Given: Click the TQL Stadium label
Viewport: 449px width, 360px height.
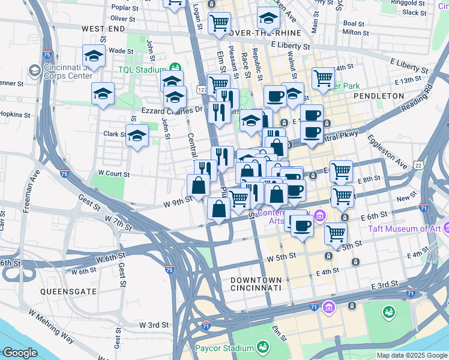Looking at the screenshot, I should pos(142,70).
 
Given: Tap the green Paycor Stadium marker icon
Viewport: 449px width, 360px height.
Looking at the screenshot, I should pos(262,347).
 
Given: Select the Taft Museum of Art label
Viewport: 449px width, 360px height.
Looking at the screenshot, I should pos(406,228).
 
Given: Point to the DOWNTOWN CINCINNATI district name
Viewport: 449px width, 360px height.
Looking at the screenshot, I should pos(256,284).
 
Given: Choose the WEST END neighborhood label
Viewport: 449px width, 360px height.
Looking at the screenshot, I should pos(103,29).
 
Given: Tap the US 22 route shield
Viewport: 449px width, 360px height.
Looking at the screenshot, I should pos(433,164).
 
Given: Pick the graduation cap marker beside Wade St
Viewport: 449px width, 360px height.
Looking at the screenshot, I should pos(94,56).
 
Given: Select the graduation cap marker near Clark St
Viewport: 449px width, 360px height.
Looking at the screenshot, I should pos(137,136).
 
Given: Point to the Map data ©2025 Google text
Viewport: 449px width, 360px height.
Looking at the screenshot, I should pos(412,355).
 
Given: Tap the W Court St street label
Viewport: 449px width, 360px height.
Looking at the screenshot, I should pos(113,173).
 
